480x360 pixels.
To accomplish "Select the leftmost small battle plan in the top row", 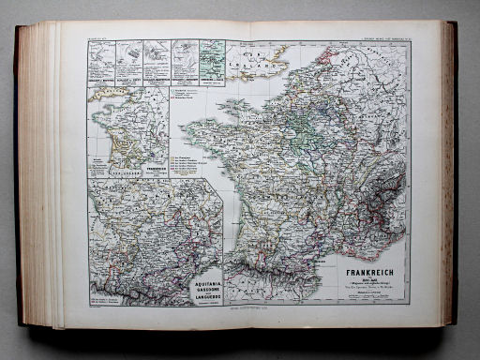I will [x=101, y=58].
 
